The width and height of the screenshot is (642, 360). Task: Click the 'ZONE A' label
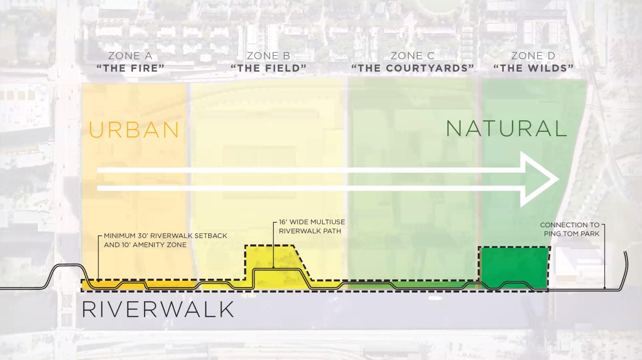click(x=130, y=56)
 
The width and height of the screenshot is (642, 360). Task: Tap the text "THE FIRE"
click(x=130, y=68)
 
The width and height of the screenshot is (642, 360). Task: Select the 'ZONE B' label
click(x=268, y=56)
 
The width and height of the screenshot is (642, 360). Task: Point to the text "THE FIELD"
click(x=268, y=68)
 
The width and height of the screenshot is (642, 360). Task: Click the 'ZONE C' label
click(x=412, y=56)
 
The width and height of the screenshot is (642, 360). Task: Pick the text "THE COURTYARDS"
click(x=412, y=68)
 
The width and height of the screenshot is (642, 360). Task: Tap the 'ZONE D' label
click(x=533, y=56)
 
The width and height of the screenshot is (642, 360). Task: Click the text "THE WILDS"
click(x=533, y=68)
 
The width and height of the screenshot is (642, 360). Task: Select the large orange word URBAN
click(x=134, y=130)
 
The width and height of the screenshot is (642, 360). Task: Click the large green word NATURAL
click(x=507, y=128)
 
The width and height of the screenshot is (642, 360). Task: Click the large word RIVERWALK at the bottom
click(x=158, y=310)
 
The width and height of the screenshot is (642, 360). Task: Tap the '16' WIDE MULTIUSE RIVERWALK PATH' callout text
click(x=312, y=226)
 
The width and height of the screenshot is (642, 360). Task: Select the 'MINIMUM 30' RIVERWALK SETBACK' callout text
click(x=165, y=236)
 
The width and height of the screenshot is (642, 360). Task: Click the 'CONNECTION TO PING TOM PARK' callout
click(x=569, y=229)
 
